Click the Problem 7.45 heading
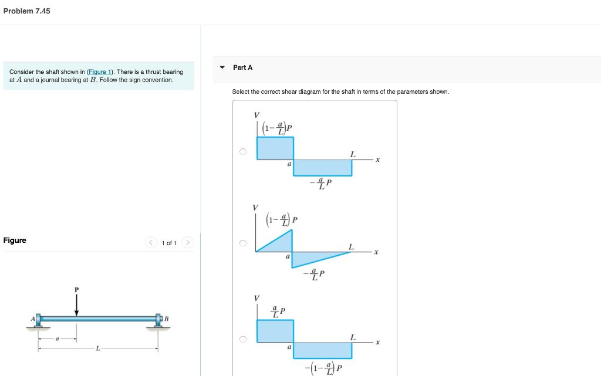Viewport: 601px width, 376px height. coord(26,11)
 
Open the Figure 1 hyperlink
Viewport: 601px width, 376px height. coord(100,72)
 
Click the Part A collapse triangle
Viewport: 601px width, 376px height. coord(222,67)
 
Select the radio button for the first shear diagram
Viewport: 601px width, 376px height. coord(242,151)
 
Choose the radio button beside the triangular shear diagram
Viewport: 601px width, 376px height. coord(242,243)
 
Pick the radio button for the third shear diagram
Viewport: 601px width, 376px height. coord(242,338)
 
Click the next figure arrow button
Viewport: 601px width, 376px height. coord(187,242)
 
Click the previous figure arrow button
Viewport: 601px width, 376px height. coord(151,242)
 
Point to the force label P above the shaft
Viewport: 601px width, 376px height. coord(76,289)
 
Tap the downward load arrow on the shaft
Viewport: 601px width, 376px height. coord(76,305)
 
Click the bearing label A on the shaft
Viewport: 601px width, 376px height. coord(33,319)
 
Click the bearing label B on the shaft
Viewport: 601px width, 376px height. coord(166,319)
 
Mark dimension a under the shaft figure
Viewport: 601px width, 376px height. coord(57,338)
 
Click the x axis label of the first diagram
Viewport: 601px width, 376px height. coord(378,159)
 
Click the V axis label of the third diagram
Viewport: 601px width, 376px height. coord(255,298)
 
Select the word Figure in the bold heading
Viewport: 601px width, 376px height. coord(15,240)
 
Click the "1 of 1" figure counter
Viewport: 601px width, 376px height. coord(169,243)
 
